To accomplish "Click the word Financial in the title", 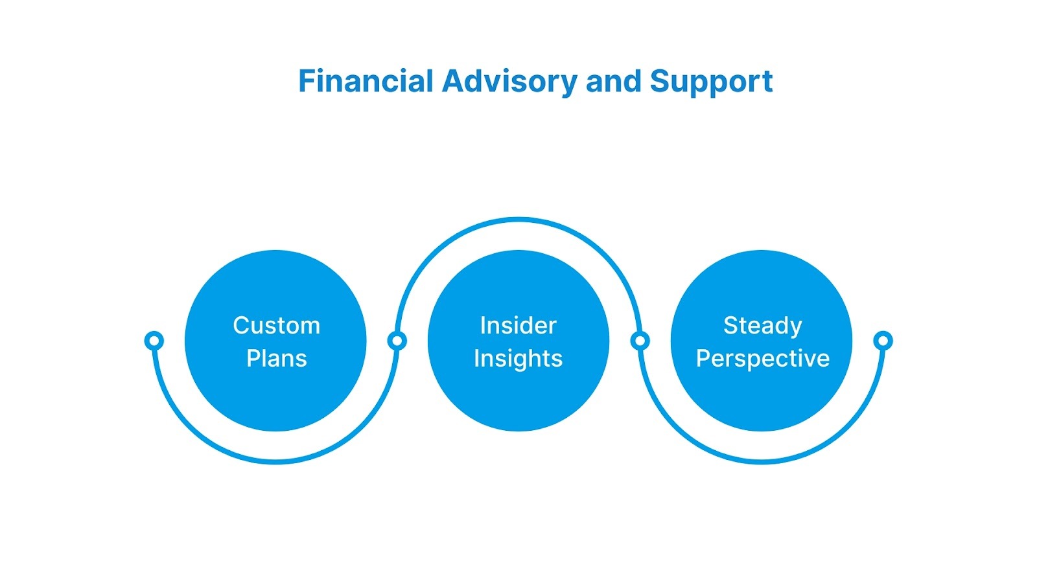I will (365, 82).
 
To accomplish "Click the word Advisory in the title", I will (509, 82).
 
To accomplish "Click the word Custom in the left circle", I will (276, 325).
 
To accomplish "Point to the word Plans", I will (276, 358).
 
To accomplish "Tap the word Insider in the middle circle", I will (518, 325).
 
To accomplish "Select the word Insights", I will (518, 359).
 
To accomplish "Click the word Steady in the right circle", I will (762, 326).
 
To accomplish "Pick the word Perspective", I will (762, 359).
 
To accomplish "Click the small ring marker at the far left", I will (154, 340).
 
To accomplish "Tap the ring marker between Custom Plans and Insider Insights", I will (397, 340).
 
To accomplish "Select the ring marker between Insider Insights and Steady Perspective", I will (640, 340).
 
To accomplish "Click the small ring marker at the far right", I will (883, 340).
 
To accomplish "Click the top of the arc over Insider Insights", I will (518, 220).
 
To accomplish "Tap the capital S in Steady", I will (730, 325).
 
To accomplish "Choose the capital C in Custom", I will (241, 325).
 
